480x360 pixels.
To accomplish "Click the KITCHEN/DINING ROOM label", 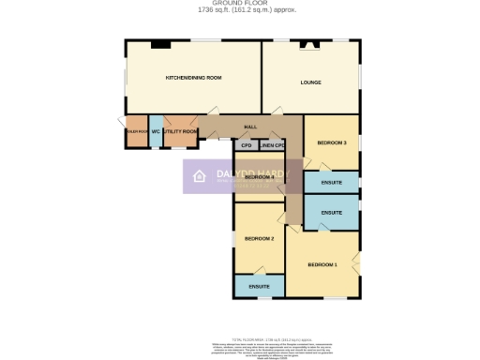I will point(193,77).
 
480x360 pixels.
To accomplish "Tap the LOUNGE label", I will point(310,82).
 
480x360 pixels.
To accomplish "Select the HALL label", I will point(250,127).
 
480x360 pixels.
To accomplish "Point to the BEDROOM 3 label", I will point(332,142).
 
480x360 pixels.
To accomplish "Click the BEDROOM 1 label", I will point(322,264).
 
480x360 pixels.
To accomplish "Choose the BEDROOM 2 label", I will point(259,239).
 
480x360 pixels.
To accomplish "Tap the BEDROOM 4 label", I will point(259,176).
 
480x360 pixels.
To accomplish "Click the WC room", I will point(156,132).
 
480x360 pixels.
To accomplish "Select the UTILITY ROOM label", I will point(180,132).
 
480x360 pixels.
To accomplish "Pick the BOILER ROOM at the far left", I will point(136,132).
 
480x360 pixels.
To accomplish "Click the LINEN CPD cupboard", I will point(273,145).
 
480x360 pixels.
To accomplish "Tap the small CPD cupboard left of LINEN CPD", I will point(246,145).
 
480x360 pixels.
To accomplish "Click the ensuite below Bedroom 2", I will point(259,285).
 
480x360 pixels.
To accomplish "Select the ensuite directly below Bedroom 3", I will point(331,182).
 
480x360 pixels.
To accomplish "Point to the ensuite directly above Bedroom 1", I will point(331,213).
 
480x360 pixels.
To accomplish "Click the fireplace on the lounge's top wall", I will point(308,43).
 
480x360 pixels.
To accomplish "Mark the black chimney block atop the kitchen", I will point(159,43).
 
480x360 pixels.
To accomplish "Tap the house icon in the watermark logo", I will point(199,175).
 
